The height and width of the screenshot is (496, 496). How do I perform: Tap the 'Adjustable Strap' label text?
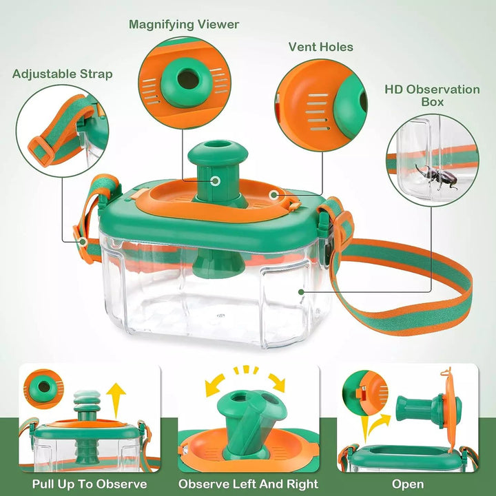62,74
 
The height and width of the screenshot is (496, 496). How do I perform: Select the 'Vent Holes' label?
320,48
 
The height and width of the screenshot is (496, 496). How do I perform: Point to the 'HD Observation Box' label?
432,95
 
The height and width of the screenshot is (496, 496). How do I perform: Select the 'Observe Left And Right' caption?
248,484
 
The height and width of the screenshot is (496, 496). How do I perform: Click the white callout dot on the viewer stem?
216,181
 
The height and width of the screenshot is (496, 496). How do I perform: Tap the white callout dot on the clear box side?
300,291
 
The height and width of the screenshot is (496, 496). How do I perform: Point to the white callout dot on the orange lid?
274,196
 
